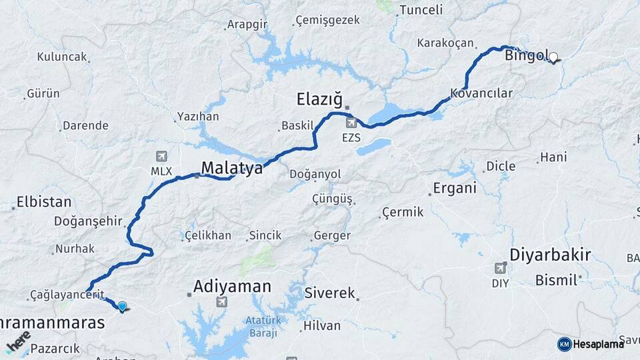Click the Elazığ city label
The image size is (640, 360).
(319, 100)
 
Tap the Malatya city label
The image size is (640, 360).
(232, 168)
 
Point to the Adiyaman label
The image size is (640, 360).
(232, 287)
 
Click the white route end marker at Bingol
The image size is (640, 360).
(553, 57)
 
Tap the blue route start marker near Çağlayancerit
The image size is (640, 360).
(122, 307)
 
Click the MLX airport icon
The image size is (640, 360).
(161, 157)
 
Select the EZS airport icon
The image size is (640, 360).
(351, 123)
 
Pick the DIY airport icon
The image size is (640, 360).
(500, 268)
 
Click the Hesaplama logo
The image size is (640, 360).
(591, 343)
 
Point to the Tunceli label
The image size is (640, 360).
(419, 10)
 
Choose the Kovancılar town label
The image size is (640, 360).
(481, 93)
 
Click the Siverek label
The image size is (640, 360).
(330, 293)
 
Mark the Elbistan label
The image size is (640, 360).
(43, 201)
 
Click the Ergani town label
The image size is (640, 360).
(455, 188)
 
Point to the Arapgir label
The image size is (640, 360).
(247, 24)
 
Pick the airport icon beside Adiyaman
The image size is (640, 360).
(221, 302)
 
